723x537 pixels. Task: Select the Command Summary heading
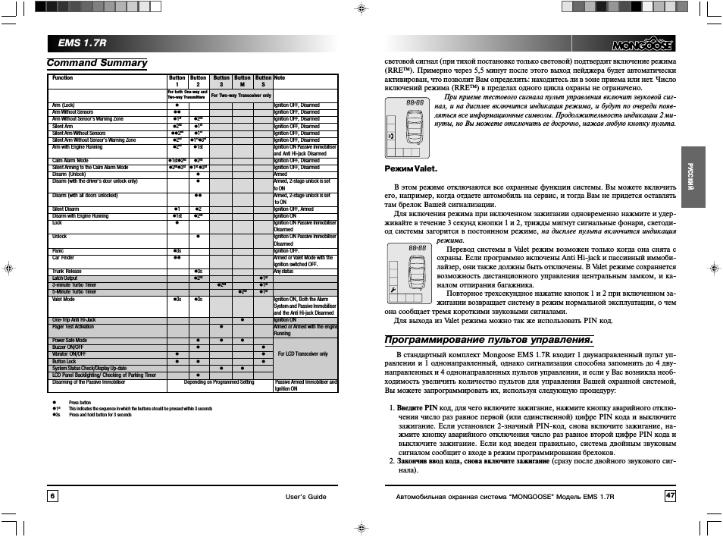click(97, 63)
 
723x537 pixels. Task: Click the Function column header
click(63, 78)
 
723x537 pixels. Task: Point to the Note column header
click(280, 78)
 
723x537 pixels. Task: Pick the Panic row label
click(58, 250)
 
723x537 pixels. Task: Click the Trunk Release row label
click(67, 271)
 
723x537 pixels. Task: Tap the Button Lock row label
click(64, 362)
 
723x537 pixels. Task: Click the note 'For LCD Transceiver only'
click(303, 354)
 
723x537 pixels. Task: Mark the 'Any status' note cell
click(283, 271)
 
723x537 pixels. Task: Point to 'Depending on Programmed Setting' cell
click(219, 382)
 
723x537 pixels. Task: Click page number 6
click(52, 495)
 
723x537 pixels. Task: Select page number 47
click(670, 495)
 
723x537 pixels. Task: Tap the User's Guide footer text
click(305, 496)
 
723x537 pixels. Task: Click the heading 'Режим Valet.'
click(411, 168)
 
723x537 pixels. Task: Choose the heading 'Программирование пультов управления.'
click(489, 339)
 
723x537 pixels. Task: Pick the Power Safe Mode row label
click(69, 341)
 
